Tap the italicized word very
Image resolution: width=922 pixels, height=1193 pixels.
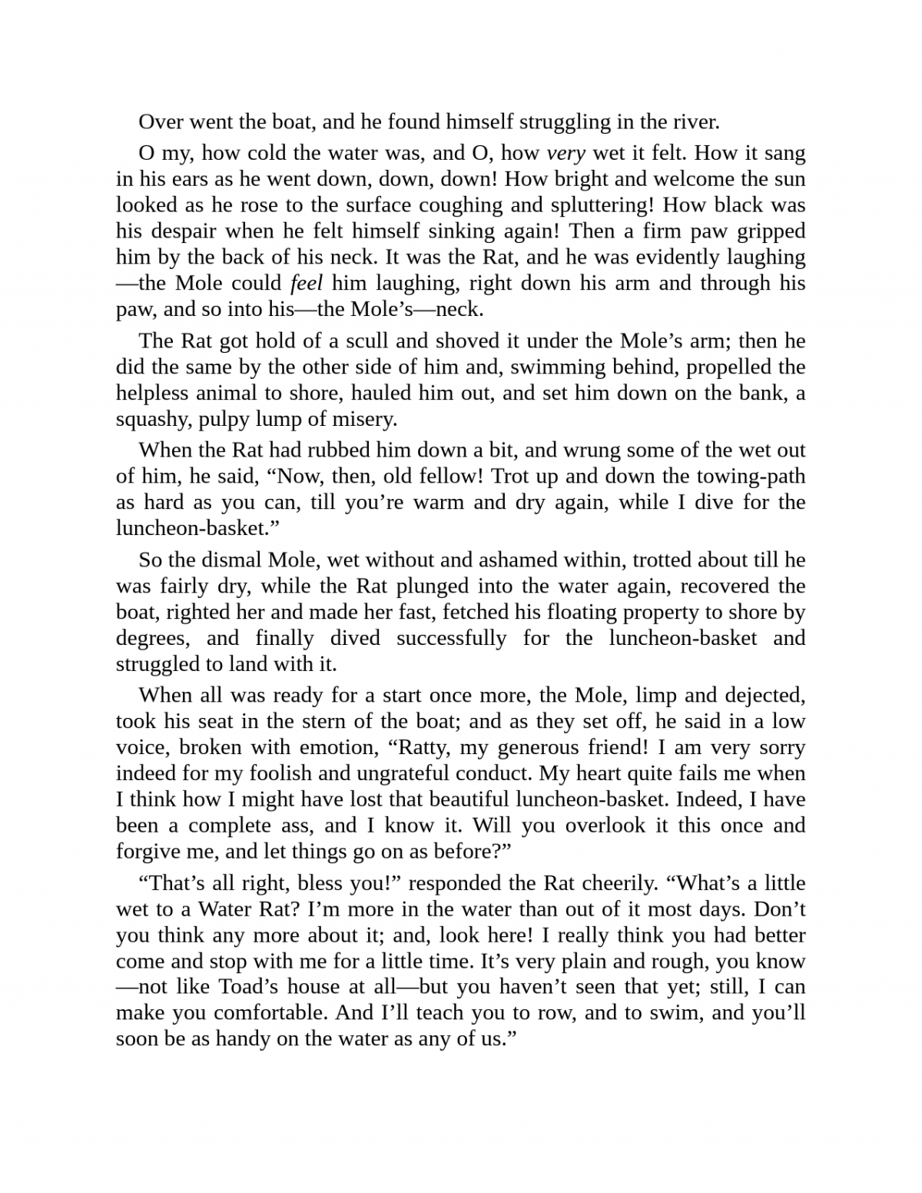565,153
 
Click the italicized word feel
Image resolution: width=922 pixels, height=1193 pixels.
306,284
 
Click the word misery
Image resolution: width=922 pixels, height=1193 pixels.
361,419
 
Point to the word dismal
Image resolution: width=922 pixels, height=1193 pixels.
224,560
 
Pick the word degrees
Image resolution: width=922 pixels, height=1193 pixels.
151,639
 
